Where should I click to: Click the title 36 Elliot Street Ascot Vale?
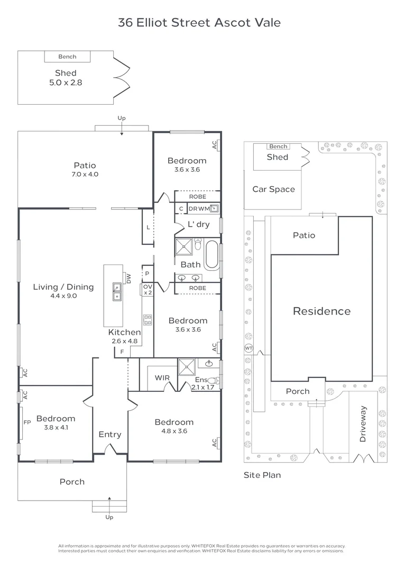(x=199, y=23)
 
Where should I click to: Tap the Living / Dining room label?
(x=63, y=287)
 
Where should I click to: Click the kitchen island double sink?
(x=117, y=292)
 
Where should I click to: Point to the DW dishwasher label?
(x=128, y=279)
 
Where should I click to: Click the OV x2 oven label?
(x=148, y=290)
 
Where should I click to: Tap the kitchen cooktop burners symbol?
(x=148, y=320)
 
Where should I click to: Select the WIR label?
(x=162, y=377)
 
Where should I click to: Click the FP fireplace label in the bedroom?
(x=27, y=422)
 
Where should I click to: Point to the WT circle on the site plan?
(x=249, y=348)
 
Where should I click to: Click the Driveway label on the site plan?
(x=363, y=424)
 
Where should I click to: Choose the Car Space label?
(x=273, y=189)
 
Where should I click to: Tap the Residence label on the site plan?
(x=322, y=311)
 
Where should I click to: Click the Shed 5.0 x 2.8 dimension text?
(x=66, y=82)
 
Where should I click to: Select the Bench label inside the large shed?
(x=67, y=57)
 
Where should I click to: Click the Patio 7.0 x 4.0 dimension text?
(x=85, y=174)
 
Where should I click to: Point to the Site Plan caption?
(x=262, y=475)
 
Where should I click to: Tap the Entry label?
(x=109, y=435)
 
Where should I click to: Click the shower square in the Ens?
(x=187, y=366)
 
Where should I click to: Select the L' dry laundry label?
(x=198, y=224)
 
